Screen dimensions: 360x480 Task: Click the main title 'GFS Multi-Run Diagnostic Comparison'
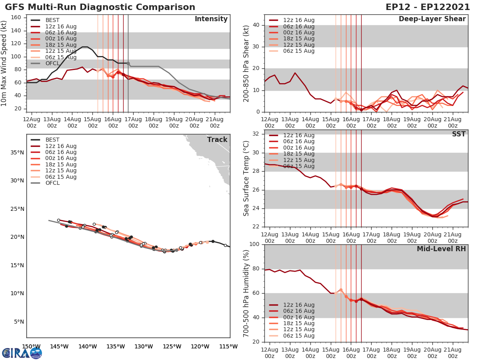(x=100, y=7)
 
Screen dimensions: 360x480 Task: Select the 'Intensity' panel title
(x=211, y=19)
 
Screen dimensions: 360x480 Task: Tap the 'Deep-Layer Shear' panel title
(x=432, y=19)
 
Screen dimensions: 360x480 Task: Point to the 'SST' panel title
(x=459, y=134)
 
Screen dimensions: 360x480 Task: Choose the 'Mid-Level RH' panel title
(x=441, y=249)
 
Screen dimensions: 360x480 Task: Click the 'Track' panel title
(x=217, y=140)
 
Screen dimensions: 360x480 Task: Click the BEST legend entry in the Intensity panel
(x=52, y=20)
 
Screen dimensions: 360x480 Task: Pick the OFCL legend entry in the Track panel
(x=52, y=183)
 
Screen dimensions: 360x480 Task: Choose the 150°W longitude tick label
(x=31, y=346)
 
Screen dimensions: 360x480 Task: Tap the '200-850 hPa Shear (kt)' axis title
(x=246, y=64)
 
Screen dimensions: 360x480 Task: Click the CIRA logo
(x=22, y=353)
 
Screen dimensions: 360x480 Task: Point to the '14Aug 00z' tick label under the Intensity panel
(x=72, y=122)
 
